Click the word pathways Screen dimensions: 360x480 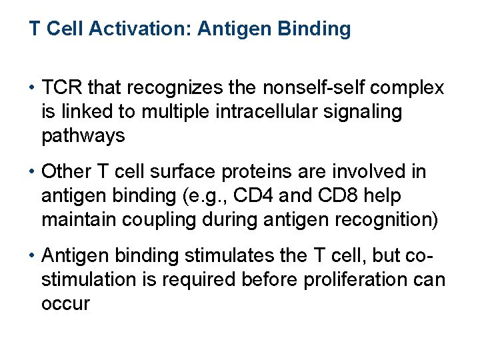[x=83, y=136]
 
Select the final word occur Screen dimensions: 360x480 [x=65, y=304]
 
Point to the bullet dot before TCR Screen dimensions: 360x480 [x=32, y=89]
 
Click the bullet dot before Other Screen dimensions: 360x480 [x=32, y=173]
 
